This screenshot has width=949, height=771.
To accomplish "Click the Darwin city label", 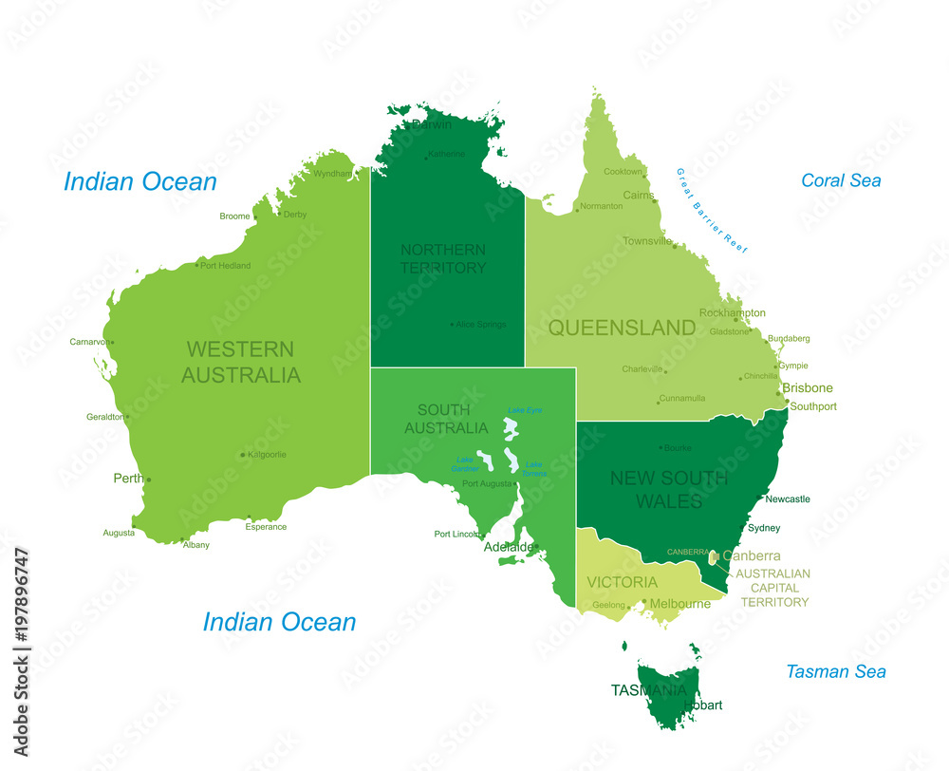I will (x=432, y=123).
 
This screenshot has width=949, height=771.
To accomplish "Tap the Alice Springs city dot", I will (x=453, y=325).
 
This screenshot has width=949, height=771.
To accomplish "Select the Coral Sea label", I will (x=841, y=180).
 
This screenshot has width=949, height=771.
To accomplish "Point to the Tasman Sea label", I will (x=835, y=671).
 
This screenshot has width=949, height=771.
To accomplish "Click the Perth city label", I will (x=128, y=479).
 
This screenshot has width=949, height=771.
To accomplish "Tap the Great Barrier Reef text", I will (x=712, y=210).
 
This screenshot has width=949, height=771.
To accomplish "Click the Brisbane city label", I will (x=808, y=387).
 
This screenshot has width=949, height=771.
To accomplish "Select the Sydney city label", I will (x=764, y=528).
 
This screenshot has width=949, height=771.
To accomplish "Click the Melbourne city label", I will (x=680, y=604).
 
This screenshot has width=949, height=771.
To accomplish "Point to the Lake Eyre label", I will (x=524, y=410).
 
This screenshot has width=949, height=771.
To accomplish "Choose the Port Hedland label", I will (x=226, y=266).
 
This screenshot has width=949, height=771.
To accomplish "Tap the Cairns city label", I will (x=638, y=195).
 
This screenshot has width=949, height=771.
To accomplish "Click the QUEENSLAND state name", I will (x=622, y=328).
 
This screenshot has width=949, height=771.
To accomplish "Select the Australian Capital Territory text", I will (x=773, y=588).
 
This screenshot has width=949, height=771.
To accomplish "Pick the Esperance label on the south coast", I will (x=266, y=527).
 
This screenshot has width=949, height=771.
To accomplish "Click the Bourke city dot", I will (x=661, y=447).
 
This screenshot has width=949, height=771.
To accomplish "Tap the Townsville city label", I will (x=647, y=241).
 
